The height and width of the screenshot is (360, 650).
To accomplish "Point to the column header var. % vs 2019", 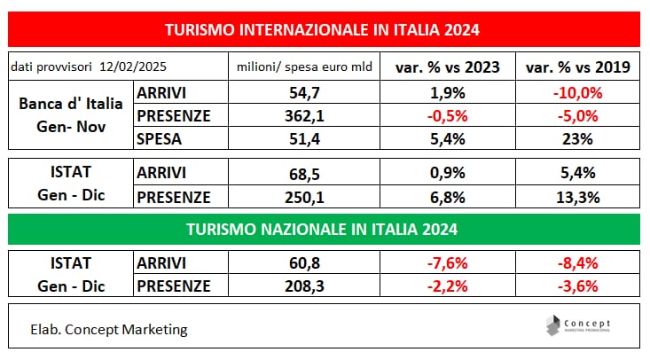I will click(572, 67).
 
